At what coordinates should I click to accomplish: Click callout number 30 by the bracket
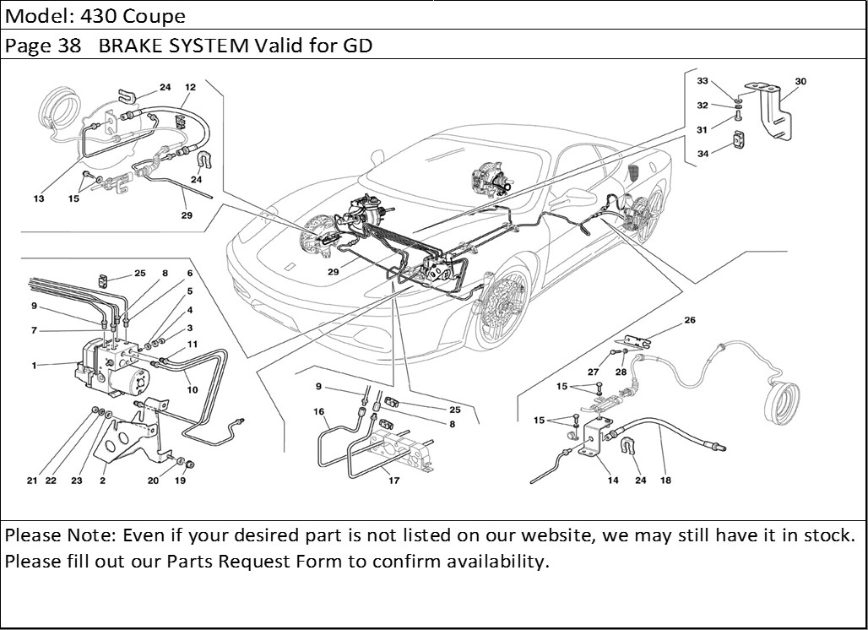(800, 82)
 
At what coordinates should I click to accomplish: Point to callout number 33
(703, 81)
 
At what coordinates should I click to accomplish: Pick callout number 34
(703, 153)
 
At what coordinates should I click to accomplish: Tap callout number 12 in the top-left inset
(190, 87)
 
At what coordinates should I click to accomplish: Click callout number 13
(39, 198)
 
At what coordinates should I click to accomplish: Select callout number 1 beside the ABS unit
(34, 366)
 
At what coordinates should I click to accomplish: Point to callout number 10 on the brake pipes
(193, 389)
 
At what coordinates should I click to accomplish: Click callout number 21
(31, 481)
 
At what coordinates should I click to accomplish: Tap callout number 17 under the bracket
(393, 481)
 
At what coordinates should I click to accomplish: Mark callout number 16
(319, 411)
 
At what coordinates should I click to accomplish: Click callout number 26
(690, 321)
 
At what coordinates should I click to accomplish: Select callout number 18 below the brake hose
(666, 481)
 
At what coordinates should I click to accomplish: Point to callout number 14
(613, 481)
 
